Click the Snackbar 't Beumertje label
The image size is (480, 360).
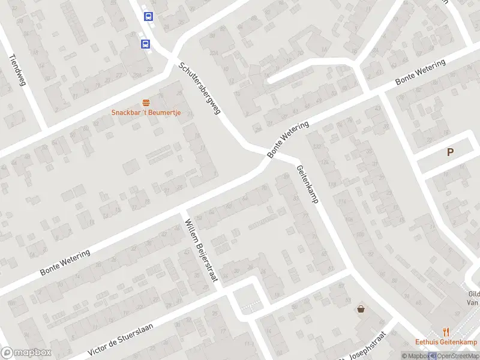coord(146,113)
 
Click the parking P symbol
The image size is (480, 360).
coord(450,152)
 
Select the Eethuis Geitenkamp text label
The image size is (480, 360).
coord(446,343)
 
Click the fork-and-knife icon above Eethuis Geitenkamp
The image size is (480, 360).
coord(445,331)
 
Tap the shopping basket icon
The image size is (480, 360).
coord(361,310)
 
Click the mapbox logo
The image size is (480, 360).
coord(26,353)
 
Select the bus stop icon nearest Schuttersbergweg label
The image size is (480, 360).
coord(145,44)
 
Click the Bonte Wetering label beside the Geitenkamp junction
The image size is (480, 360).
coord(289,140)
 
